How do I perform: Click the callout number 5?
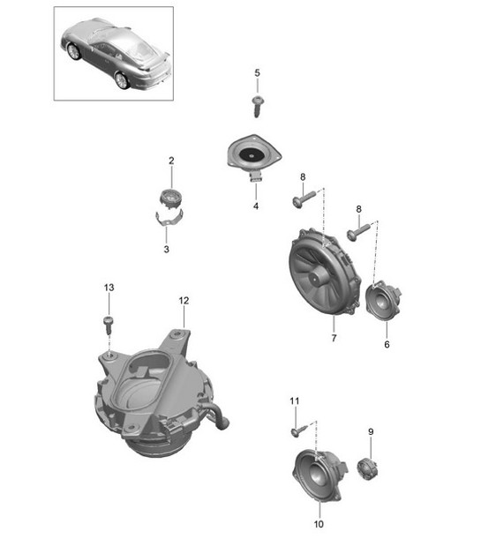point(258,72)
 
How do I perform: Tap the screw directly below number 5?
point(258,107)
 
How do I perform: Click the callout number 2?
point(171,160)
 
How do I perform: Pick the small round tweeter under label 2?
point(171,199)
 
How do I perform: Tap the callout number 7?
point(334,338)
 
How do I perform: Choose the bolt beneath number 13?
point(109,321)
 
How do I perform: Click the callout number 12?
point(184,301)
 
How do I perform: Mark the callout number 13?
point(109,288)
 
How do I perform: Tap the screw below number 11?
point(300,430)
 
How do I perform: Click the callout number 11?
point(295,401)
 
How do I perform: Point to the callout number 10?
point(319,524)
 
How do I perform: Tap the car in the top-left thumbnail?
point(112,52)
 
